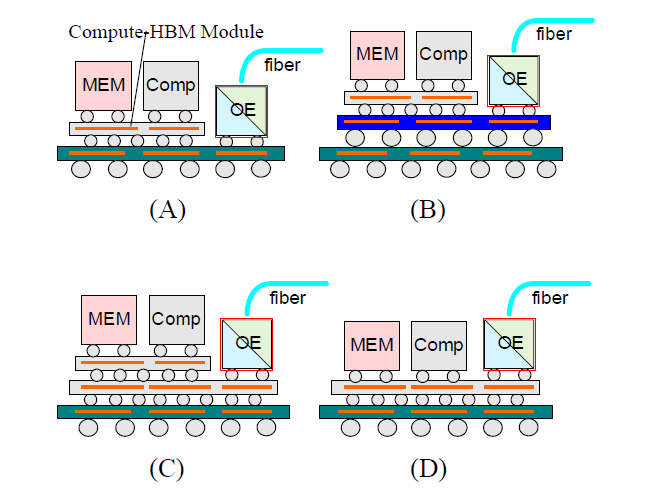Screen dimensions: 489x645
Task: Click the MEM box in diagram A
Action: click(104, 86)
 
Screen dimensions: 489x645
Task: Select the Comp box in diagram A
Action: click(171, 86)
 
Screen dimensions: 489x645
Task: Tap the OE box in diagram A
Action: click(242, 110)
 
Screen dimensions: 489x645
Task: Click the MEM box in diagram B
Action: click(377, 54)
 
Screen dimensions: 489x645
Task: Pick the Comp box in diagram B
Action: click(443, 54)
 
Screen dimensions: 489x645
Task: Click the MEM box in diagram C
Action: click(110, 320)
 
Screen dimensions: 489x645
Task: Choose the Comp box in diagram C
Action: click(176, 320)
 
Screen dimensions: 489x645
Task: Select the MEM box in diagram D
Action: click(371, 345)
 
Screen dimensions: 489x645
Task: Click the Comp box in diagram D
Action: click(439, 345)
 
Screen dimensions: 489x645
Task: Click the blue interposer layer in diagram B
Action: click(443, 122)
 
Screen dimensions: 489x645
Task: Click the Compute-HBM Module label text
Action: click(166, 32)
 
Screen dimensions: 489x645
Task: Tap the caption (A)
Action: click(167, 210)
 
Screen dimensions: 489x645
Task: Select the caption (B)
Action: click(428, 210)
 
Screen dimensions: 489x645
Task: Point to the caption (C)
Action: click(167, 467)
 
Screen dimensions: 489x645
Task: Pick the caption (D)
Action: click(428, 467)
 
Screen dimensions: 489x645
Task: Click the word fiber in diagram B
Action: click(554, 34)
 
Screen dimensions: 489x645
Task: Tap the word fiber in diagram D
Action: click(550, 298)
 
